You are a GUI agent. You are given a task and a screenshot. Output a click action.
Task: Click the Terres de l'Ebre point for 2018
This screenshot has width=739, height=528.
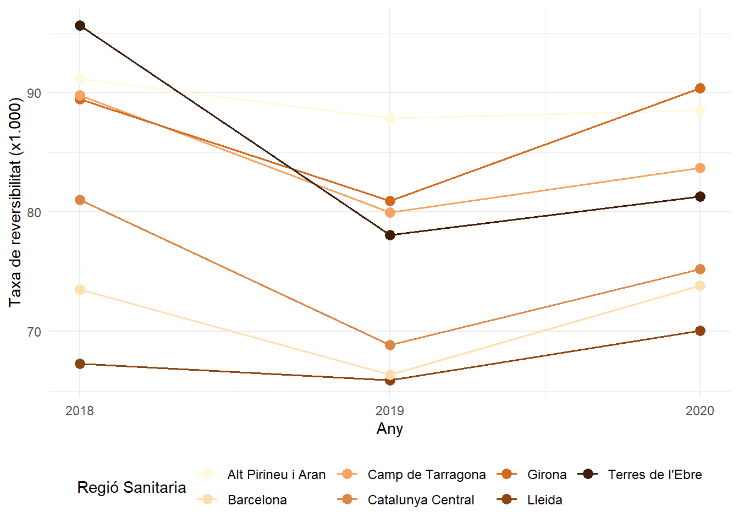(x=80, y=26)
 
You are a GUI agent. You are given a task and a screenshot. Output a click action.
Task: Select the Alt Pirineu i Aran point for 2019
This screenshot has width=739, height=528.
(x=390, y=118)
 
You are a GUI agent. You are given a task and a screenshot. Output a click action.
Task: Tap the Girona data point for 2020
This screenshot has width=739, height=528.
(x=700, y=89)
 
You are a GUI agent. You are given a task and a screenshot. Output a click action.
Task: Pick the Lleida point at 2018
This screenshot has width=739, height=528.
(x=80, y=364)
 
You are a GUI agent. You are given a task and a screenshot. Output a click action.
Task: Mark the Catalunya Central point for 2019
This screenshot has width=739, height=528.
(x=390, y=345)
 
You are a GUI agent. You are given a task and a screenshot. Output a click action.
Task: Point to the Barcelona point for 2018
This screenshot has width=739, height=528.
(x=80, y=289)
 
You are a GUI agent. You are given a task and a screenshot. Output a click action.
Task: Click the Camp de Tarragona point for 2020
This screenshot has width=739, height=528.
(x=700, y=168)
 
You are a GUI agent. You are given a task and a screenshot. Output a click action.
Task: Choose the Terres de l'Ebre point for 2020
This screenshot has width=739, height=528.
(x=700, y=197)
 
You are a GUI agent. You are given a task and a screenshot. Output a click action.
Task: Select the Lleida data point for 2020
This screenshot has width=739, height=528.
(x=700, y=331)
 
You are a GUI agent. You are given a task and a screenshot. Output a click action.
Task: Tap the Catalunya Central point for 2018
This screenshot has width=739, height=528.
(x=80, y=200)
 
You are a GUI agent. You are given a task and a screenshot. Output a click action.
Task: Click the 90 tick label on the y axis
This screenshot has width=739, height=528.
(x=34, y=93)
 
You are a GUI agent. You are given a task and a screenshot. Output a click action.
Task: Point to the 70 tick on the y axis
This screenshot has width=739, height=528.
(x=34, y=332)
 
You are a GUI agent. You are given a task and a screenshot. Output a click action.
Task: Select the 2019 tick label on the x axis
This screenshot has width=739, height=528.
(x=390, y=411)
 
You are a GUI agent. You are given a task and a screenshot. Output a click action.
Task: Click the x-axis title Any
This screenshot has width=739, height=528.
(x=390, y=429)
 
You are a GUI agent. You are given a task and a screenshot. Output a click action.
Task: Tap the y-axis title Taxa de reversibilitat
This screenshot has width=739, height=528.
(x=15, y=202)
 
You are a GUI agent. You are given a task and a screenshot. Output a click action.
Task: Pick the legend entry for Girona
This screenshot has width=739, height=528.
(x=547, y=475)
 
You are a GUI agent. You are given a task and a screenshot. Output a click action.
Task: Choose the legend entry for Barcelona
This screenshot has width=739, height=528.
(x=257, y=500)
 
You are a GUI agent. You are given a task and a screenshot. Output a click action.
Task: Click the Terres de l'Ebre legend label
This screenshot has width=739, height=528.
(x=654, y=475)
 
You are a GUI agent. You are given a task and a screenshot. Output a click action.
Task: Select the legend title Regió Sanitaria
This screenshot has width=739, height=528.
(x=131, y=487)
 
